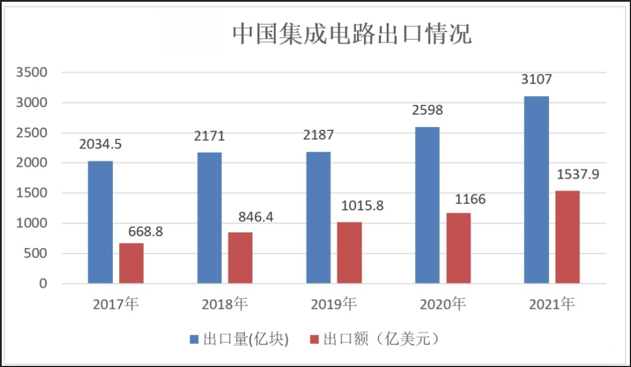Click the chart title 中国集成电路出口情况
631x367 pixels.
tap(352, 34)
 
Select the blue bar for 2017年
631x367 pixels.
tap(100, 222)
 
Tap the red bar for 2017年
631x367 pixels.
tap(131, 263)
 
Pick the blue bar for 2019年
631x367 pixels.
tap(318, 218)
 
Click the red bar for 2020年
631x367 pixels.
tap(459, 248)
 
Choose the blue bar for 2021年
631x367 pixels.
tap(536, 190)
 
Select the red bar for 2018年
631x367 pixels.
tap(240, 258)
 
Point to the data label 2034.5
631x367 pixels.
tap(101, 144)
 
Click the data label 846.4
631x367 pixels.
tap(256, 217)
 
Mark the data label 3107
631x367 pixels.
tap(536, 79)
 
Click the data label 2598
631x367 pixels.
tap(427, 110)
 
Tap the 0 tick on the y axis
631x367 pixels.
tap(42, 284)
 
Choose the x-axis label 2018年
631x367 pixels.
tap(225, 304)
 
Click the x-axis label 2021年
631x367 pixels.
tap(552, 304)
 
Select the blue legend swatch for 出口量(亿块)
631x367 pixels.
tap(195, 339)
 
